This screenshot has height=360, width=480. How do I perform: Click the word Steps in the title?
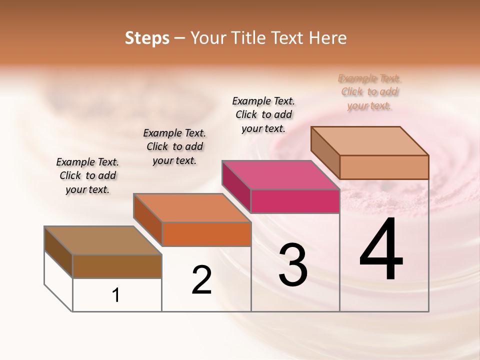click(147, 38)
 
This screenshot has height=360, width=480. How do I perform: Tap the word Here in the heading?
click(327, 38)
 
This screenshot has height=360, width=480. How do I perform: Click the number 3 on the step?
click(293, 265)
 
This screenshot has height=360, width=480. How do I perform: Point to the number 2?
click(202, 280)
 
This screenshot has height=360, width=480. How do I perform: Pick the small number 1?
click(116, 295)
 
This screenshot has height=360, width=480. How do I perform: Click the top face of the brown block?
click(102, 240)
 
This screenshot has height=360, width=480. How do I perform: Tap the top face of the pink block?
click(280, 175)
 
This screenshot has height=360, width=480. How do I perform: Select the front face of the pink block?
click(295, 201)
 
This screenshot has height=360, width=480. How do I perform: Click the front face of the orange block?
click(206, 234)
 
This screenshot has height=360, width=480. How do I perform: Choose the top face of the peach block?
click(369, 140)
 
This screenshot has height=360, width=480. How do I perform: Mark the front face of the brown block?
click(117, 266)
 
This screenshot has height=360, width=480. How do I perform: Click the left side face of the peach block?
click(325, 152)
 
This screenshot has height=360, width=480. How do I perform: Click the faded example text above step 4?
click(369, 92)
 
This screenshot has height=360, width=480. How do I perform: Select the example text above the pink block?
click(263, 114)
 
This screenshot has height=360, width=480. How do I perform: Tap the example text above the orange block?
click(174, 146)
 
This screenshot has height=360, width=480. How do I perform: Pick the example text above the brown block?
click(87, 175)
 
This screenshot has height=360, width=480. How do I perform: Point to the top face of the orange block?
click(191, 207)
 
